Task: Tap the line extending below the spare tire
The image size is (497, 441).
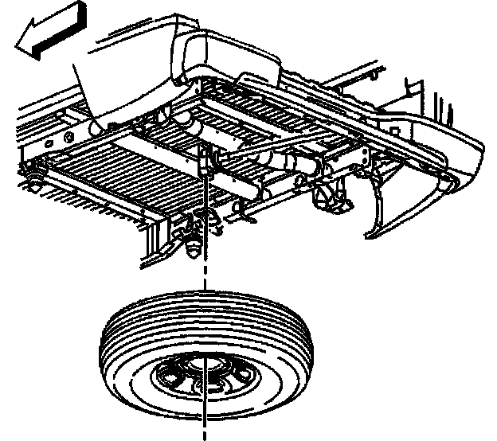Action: [205, 422]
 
